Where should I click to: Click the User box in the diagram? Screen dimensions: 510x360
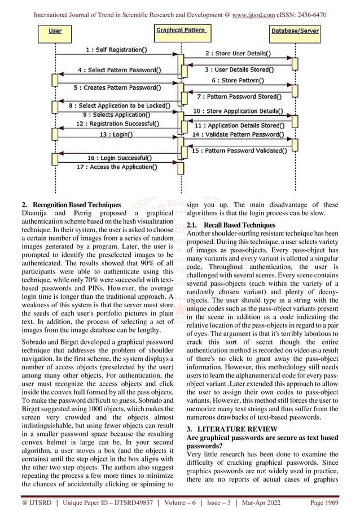click(55, 30)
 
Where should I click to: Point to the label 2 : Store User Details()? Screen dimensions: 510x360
click(237, 54)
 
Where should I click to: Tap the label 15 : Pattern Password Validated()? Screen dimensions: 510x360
click(239, 151)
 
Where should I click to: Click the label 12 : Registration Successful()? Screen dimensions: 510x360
click(117, 123)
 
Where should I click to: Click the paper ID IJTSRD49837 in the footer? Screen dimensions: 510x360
click(139, 500)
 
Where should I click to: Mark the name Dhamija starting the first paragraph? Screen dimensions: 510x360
click(37, 213)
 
